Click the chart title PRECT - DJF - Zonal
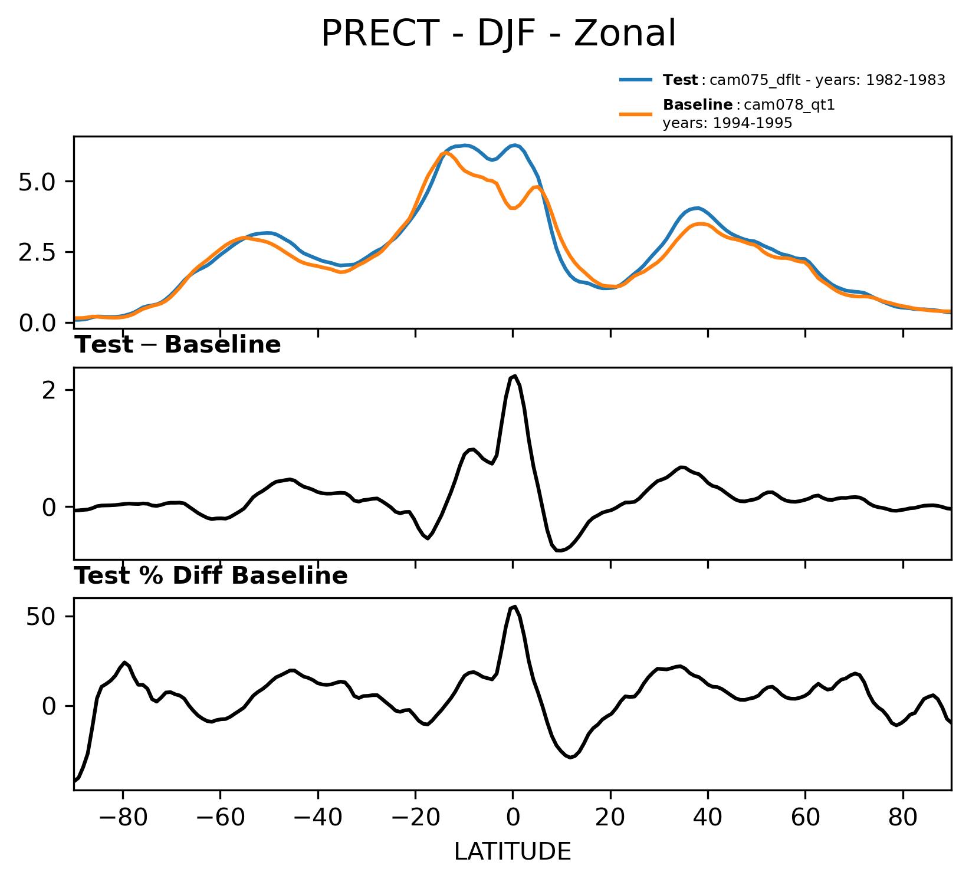(x=498, y=34)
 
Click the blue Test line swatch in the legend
(x=635, y=80)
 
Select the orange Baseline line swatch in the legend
(x=635, y=113)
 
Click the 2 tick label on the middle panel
(x=50, y=390)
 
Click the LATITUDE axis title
(x=512, y=851)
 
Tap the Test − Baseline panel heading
(x=178, y=345)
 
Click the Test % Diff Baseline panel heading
(x=211, y=576)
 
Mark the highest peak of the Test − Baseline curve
(x=515, y=376)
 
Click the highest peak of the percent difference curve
(x=515, y=607)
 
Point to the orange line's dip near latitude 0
(x=513, y=208)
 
